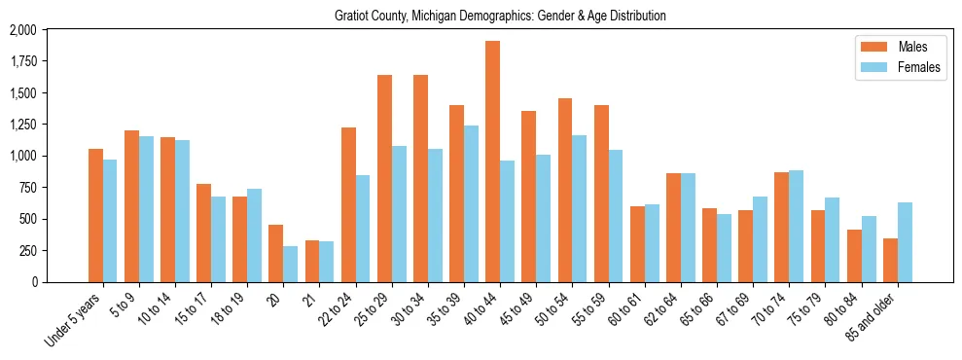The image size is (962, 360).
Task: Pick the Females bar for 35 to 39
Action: click(x=471, y=203)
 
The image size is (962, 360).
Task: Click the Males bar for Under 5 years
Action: click(x=95, y=215)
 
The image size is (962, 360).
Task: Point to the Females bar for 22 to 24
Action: click(x=363, y=229)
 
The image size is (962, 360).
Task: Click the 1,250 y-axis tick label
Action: click(x=22, y=126)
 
